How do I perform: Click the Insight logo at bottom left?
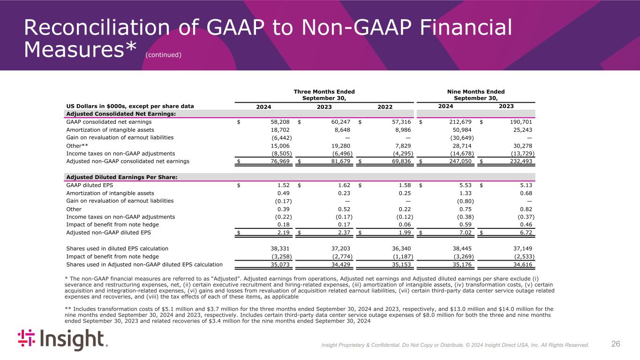pyautogui.click(x=62, y=340)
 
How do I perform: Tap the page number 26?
pyautogui.click(x=616, y=344)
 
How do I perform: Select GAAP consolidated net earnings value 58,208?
pyautogui.click(x=281, y=122)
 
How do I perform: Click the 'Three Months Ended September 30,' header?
pyautogui.click(x=324, y=95)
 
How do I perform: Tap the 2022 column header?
pyautogui.click(x=385, y=106)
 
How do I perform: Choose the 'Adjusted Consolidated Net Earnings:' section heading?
pyautogui.click(x=123, y=114)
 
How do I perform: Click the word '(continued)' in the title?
pyautogui.click(x=163, y=55)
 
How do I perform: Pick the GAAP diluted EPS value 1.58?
pyautogui.click(x=404, y=185)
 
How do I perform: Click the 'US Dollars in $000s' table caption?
pyautogui.click(x=130, y=106)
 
